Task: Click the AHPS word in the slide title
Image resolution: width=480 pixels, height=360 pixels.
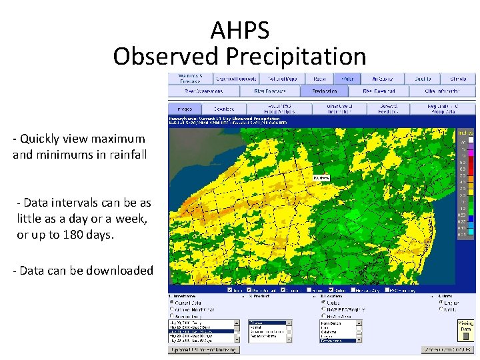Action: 240,30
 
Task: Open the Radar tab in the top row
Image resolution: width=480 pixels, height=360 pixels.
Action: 319,79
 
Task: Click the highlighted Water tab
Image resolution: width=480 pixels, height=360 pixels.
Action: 347,79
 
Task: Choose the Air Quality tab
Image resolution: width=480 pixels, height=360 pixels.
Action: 383,79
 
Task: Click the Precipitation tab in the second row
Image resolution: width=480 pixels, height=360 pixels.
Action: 325,91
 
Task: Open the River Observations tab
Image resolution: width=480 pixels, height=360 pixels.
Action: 203,91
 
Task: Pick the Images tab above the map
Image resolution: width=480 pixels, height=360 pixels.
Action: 184,108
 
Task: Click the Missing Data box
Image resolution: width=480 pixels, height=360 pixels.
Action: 466,325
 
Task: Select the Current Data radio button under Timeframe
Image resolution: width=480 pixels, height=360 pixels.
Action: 172,302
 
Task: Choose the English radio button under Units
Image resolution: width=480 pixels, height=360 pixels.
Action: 441,302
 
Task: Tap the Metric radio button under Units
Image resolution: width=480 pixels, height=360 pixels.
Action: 441,309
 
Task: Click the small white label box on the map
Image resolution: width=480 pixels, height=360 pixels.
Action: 321,178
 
